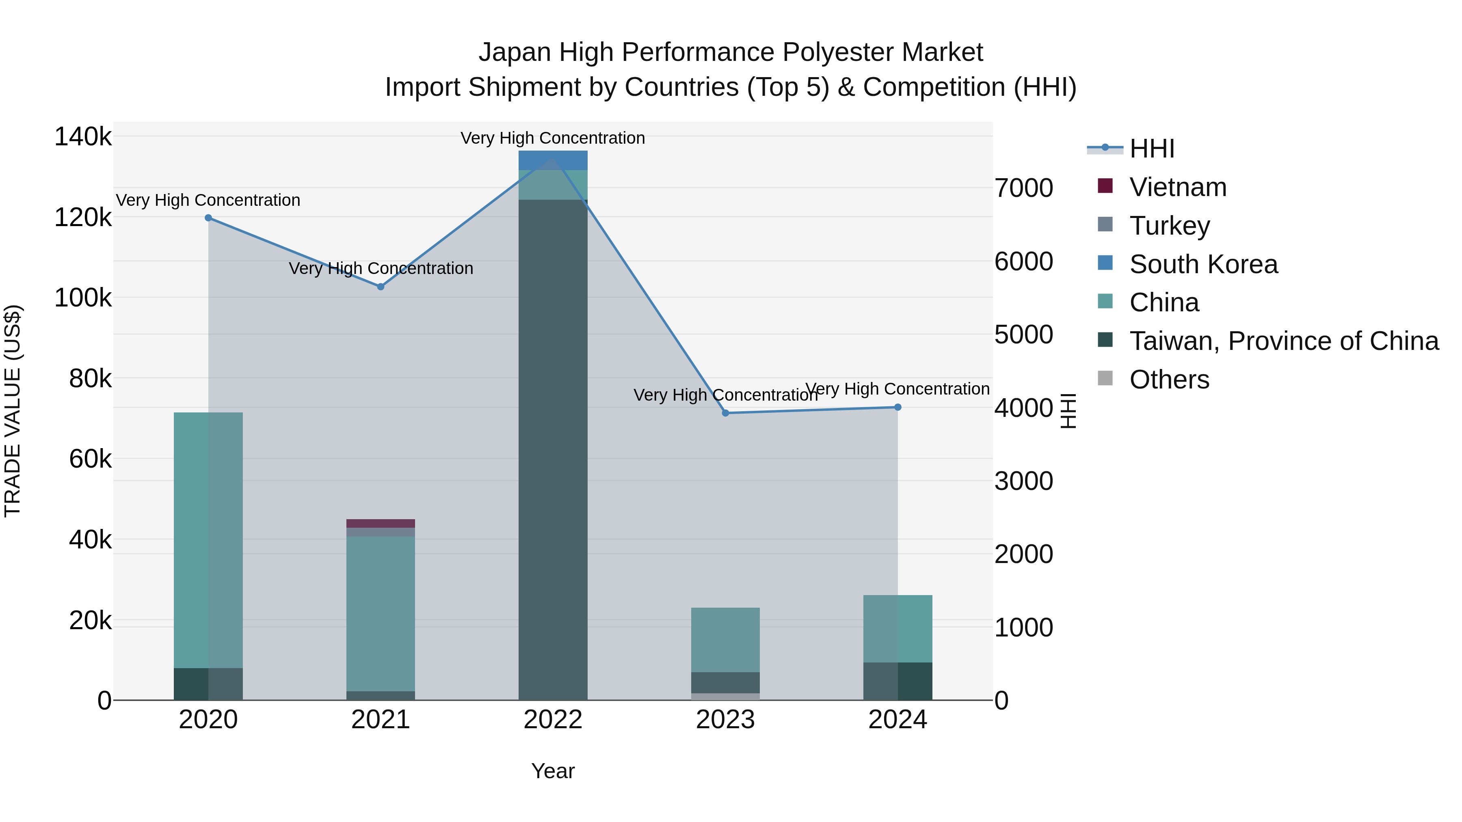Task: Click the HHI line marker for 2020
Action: [208, 218]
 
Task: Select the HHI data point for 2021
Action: [381, 287]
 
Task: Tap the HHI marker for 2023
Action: [725, 413]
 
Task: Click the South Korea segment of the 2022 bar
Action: [553, 160]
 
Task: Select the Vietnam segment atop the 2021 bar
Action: [381, 523]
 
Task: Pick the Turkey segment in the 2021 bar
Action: [381, 532]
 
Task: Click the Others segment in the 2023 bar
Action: [725, 696]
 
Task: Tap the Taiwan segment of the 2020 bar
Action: [208, 684]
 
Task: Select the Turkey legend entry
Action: [1169, 226]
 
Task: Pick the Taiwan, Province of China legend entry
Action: [1282, 341]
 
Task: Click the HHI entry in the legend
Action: [1151, 149]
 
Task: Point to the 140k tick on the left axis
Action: [83, 137]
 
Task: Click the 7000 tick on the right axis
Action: [1024, 188]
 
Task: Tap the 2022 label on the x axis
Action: [553, 720]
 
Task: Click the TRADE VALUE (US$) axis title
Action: [13, 411]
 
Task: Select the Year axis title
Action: [553, 771]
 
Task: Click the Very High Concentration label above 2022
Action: [553, 138]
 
